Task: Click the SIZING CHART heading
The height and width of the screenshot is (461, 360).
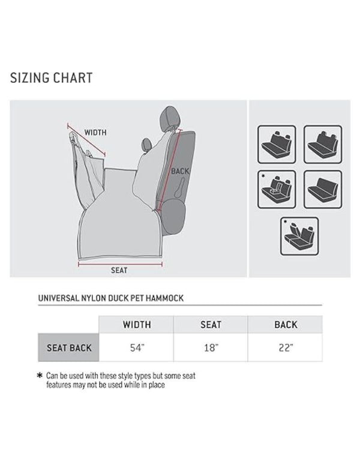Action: click(52, 78)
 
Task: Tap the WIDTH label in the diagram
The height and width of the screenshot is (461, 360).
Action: click(96, 133)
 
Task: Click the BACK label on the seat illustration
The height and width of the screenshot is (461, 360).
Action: click(180, 171)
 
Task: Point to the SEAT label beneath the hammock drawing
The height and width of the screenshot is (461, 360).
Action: click(119, 270)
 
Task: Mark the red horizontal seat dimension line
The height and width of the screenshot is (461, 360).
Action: click(120, 262)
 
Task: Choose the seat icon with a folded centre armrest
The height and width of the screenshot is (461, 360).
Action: click(277, 190)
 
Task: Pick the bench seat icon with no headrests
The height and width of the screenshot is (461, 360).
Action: click(323, 190)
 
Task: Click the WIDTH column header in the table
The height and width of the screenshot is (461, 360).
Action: click(137, 325)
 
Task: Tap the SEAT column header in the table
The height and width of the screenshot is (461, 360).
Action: click(211, 325)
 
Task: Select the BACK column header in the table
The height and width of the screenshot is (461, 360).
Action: click(286, 325)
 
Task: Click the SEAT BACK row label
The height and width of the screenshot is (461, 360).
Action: click(68, 348)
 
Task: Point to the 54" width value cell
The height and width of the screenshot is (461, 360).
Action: click(137, 348)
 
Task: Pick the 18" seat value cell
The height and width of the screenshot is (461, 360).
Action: click(211, 348)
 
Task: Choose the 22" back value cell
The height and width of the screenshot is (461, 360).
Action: click(286, 348)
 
